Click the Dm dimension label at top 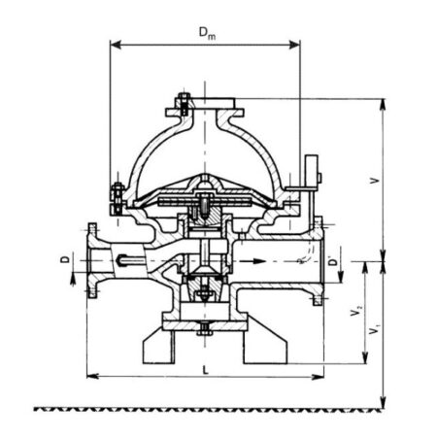coord(207,33)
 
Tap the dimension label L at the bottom coord(206,370)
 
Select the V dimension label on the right coord(374,181)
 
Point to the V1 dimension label coord(375,330)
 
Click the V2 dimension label coord(355,311)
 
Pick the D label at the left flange coord(66,259)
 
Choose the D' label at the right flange coord(333,260)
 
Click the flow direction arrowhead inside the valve coord(259,261)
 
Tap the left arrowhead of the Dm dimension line coord(116,45)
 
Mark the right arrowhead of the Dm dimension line coord(294,45)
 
